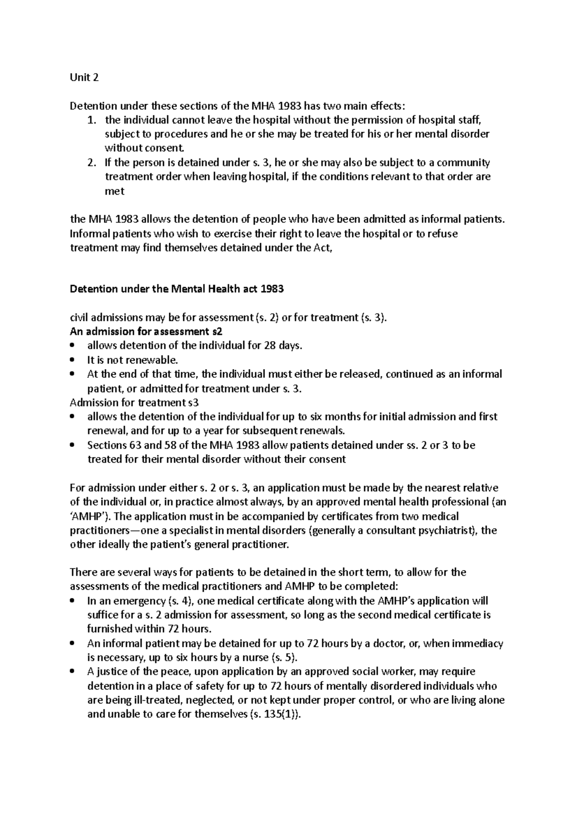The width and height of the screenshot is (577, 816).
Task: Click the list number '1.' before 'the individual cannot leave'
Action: pyautogui.click(x=91, y=120)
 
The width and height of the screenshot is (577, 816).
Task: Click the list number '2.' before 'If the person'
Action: pyautogui.click(x=91, y=162)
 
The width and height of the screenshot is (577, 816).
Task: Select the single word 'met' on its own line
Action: pyautogui.click(x=114, y=191)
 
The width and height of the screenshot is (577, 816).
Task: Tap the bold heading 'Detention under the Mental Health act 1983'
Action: pyautogui.click(x=176, y=289)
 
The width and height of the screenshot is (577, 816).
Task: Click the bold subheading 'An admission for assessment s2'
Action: pyautogui.click(x=146, y=332)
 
